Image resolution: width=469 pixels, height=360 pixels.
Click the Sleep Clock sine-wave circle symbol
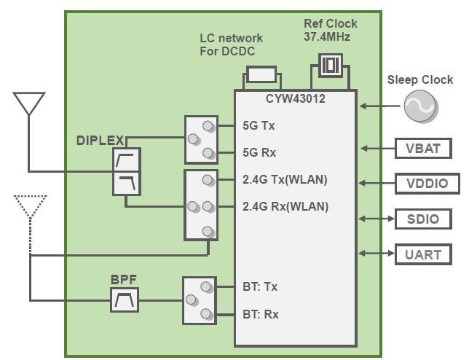click(422, 107)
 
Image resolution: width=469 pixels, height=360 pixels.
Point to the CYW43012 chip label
click(295, 98)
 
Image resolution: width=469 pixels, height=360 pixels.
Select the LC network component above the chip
click(261, 74)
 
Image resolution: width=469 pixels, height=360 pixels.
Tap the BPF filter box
click(125, 299)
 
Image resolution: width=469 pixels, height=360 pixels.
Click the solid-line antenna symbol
click(29, 104)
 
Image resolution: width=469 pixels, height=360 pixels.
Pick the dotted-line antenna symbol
click(30, 206)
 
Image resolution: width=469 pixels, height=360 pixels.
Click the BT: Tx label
click(260, 287)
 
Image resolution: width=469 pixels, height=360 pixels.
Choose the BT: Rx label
click(260, 315)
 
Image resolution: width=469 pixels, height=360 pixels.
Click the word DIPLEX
click(100, 140)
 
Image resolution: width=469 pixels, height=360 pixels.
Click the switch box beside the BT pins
click(200, 300)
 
